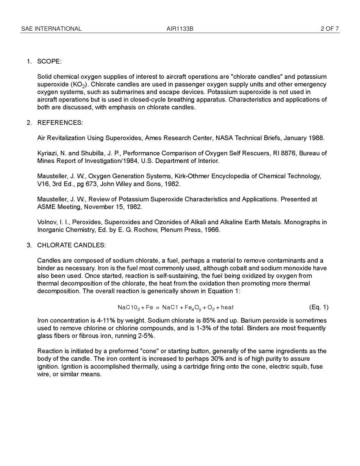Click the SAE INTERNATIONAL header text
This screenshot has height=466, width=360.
51,29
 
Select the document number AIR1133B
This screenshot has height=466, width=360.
180,29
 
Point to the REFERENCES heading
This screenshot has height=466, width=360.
60,123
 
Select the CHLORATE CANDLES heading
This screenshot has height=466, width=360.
71,245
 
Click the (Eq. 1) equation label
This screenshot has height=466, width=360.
319,307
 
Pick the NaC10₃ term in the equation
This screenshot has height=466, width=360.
128,308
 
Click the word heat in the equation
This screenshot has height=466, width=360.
227,307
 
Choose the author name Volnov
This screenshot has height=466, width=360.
47,222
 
